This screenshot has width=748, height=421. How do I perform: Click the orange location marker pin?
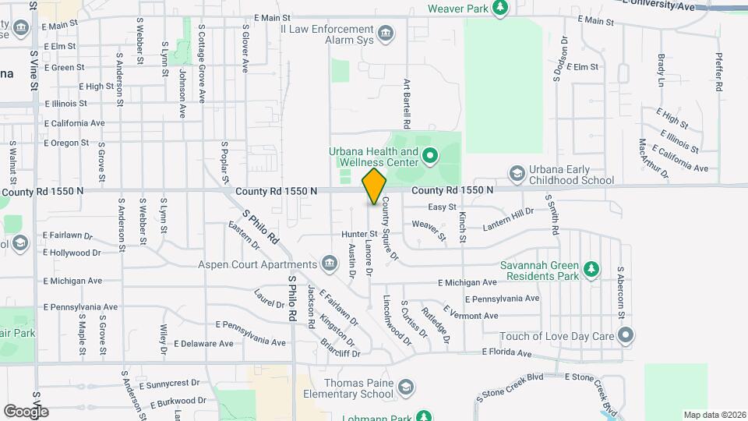point(375,186)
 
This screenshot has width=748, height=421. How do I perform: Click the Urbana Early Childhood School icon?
point(516,172)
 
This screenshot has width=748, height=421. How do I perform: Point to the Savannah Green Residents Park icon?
point(591,269)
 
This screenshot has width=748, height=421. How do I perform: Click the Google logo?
point(26,411)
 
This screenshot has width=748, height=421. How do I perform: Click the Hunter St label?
point(359,234)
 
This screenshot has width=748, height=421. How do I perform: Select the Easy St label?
point(442,207)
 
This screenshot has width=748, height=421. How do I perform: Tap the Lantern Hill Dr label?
point(507,217)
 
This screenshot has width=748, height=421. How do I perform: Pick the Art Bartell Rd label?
point(406,103)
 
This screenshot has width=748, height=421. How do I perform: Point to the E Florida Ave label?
point(506,352)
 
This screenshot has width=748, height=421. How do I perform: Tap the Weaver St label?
point(429,230)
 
